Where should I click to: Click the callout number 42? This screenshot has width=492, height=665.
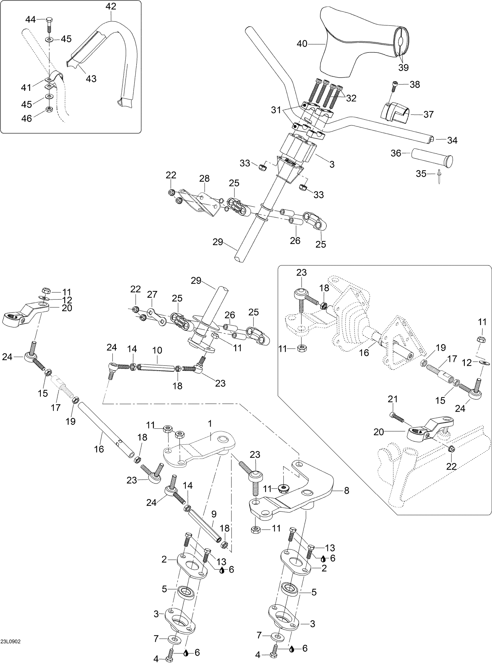point(111,6)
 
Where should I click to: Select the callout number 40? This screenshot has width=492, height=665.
point(302,44)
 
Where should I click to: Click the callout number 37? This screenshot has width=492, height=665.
point(428,114)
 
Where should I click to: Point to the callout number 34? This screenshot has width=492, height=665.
point(452,140)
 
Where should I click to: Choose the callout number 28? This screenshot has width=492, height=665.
point(204,178)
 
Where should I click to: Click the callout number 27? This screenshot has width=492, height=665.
point(152,295)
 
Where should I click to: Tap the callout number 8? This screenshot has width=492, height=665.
point(346,490)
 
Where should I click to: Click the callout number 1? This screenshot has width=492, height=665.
point(210,423)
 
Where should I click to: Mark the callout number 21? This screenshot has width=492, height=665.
point(392,399)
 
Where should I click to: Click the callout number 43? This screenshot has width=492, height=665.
point(91,79)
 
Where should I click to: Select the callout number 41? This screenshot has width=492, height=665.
point(26,88)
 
